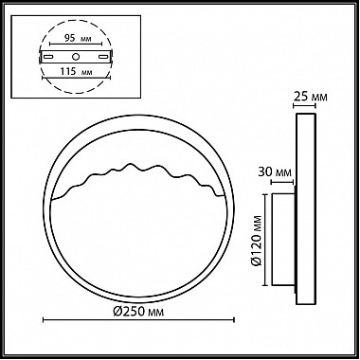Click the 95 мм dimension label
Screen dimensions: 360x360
tap(78, 39)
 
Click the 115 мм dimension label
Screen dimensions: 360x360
tap(76, 71)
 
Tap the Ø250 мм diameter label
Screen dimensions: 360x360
tap(138, 312)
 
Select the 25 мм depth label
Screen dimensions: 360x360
tap(311, 97)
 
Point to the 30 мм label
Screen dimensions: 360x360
tap(275, 172)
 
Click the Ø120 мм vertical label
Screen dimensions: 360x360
tap(258, 241)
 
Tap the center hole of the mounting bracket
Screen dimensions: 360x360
tap(76, 57)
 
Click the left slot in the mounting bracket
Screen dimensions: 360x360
tap(48, 57)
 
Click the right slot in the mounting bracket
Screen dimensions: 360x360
tap(103, 57)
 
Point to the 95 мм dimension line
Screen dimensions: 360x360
tap(76, 45)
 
